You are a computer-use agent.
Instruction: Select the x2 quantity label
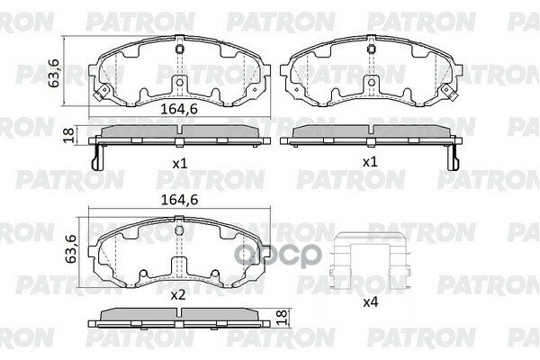178,293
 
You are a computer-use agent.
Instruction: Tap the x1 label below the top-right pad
367,165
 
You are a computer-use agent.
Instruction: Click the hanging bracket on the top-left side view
99,155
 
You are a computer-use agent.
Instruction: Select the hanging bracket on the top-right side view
452,155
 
